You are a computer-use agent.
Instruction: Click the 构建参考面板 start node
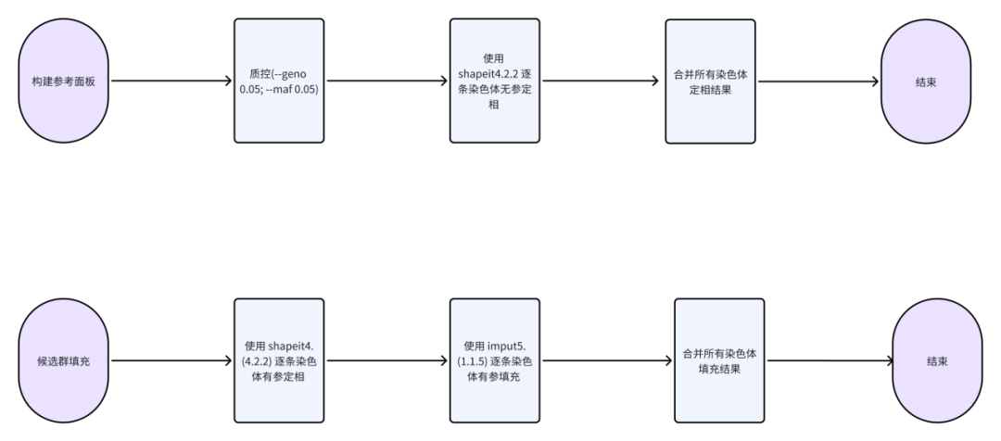click(64, 82)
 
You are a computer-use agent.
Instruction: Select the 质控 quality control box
click(279, 82)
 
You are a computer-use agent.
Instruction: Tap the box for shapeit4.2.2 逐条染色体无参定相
click(495, 82)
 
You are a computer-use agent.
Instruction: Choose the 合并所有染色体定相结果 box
click(711, 82)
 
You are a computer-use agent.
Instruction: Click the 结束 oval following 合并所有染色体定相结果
click(925, 82)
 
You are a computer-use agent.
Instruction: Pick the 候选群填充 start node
click(64, 360)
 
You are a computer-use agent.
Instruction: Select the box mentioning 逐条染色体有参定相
click(279, 360)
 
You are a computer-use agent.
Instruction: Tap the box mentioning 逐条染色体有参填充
click(495, 360)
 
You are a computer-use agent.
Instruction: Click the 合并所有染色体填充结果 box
click(719, 360)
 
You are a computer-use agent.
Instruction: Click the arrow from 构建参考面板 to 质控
click(171, 82)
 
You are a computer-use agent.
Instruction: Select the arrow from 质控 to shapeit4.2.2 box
click(386, 82)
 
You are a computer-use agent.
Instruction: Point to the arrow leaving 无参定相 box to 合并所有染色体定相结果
click(602, 82)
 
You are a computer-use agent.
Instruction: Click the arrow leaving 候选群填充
click(171, 360)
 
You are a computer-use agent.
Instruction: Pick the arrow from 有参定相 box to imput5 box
click(386, 360)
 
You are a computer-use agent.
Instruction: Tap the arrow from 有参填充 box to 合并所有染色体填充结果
click(607, 360)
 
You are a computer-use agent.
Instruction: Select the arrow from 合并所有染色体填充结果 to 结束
click(828, 360)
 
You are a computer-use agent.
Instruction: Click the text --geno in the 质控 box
click(297, 73)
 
